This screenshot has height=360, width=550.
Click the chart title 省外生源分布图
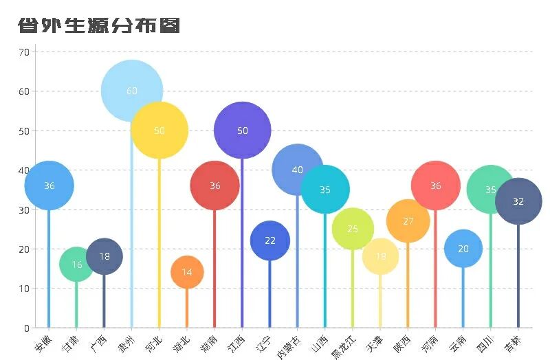99,26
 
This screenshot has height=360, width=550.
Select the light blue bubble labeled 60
131,91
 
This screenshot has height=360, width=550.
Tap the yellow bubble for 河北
159,131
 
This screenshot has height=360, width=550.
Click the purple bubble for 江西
242,131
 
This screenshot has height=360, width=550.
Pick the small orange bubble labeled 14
187,272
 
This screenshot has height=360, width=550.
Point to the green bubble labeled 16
76,265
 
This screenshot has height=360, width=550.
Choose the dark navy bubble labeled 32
518,201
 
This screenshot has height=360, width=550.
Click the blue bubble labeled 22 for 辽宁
269,240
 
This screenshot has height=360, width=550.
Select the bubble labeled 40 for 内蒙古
297,170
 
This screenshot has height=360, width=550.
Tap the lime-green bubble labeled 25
353,229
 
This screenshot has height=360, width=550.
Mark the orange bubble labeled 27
408,221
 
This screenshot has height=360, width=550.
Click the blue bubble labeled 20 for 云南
463,249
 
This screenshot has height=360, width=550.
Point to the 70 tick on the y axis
23,52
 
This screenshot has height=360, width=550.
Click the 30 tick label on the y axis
23,210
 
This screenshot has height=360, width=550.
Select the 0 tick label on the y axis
26,328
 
